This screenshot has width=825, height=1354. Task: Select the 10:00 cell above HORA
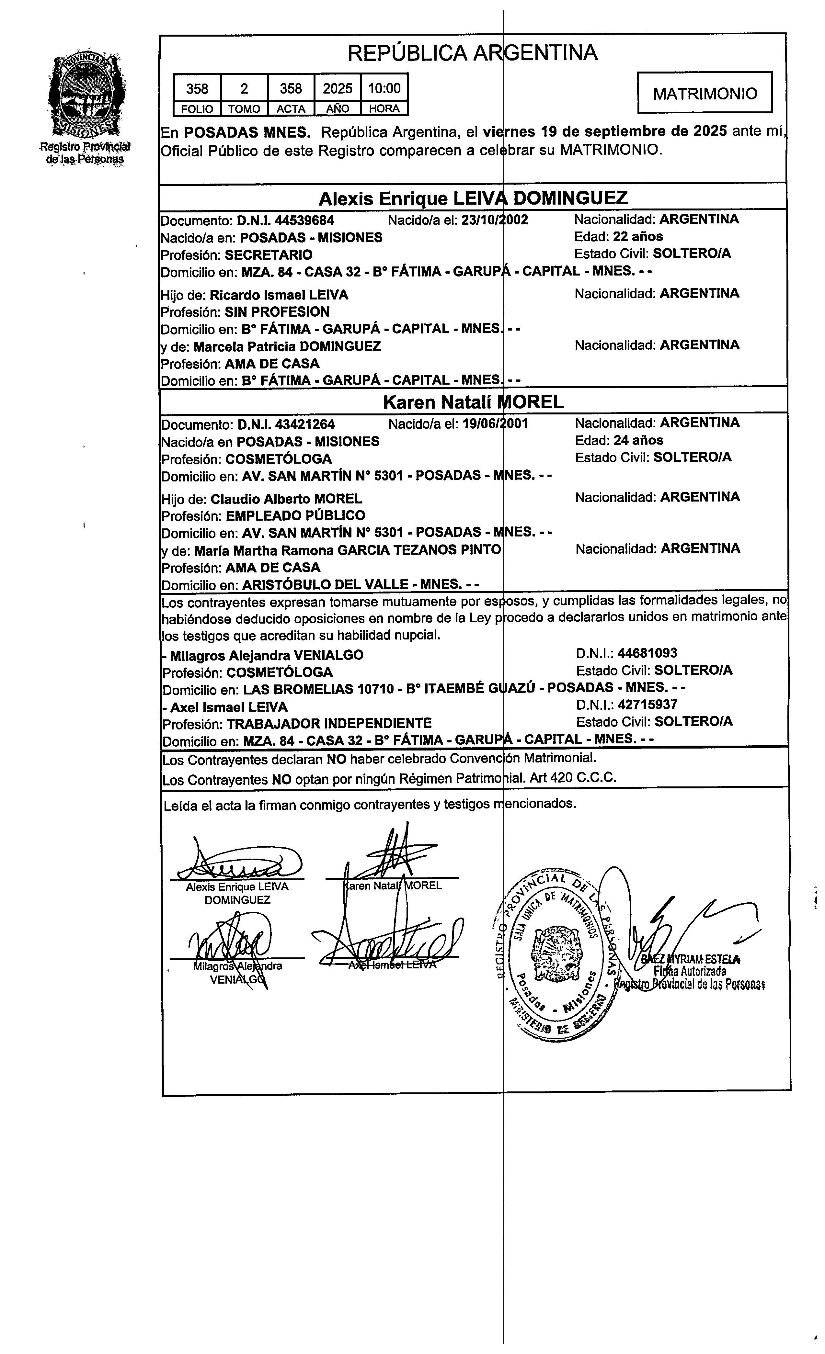tap(384, 88)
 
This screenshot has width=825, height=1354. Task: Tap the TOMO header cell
tap(244, 109)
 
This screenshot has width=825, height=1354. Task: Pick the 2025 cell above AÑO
tap(338, 88)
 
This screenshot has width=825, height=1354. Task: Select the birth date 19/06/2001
tap(495, 424)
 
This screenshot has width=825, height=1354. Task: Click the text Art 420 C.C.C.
tap(587, 778)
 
